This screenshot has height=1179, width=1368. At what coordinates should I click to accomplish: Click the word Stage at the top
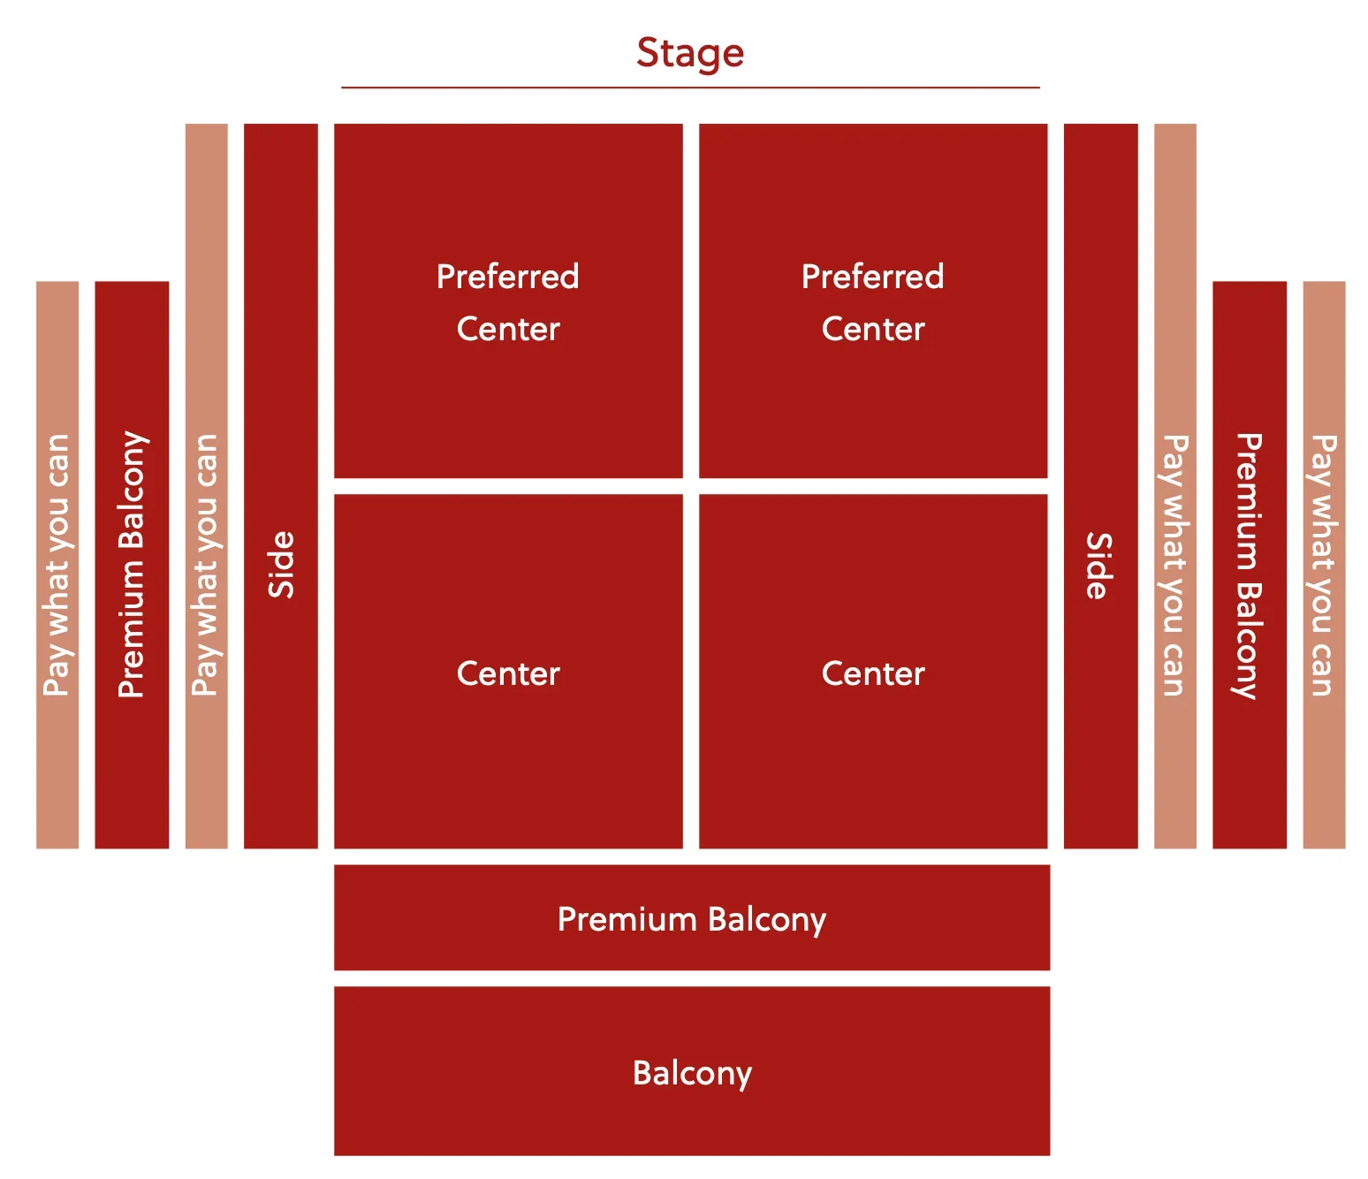click(690, 53)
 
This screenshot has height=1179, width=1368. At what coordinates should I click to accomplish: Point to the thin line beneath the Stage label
click(690, 87)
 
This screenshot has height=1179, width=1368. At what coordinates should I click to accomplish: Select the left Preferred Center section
click(508, 300)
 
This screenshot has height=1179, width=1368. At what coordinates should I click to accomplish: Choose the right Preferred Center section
click(873, 300)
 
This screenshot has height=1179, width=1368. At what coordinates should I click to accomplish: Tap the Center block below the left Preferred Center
click(508, 672)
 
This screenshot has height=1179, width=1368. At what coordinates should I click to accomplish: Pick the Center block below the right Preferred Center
click(873, 672)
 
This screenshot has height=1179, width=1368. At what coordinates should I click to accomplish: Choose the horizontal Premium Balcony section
click(692, 917)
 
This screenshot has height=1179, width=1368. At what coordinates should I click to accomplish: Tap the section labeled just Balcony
click(692, 1071)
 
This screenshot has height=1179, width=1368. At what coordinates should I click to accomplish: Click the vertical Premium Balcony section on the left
click(132, 565)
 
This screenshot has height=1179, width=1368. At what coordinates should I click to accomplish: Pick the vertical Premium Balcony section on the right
click(1249, 565)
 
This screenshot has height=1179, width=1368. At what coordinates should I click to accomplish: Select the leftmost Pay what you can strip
click(57, 565)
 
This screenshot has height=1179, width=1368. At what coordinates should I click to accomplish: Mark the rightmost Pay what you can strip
click(1324, 565)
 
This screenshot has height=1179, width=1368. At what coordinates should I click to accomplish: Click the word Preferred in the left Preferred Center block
click(508, 277)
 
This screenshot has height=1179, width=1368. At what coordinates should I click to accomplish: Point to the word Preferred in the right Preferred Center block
click(873, 277)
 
